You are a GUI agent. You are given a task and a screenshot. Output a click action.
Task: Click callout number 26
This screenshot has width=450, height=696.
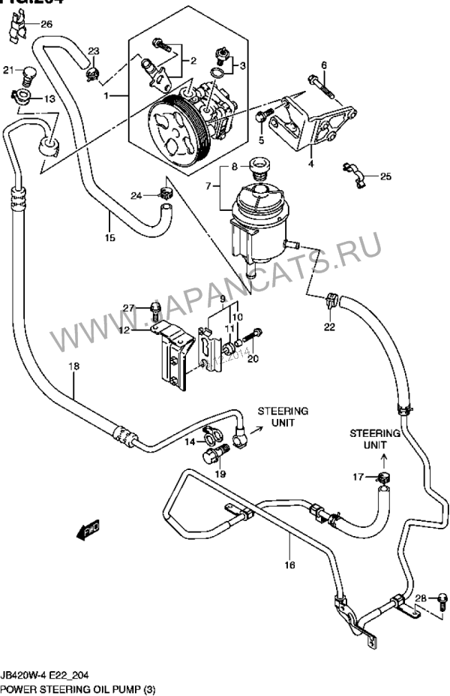point(46,25)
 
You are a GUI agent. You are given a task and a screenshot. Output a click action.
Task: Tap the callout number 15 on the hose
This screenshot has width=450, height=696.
point(109,239)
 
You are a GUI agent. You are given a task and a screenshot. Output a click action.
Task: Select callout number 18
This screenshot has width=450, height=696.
point(73,366)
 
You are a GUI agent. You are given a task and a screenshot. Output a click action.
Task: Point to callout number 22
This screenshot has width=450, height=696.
point(330,326)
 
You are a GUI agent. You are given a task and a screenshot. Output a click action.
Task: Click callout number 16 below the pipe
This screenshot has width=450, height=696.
point(290,565)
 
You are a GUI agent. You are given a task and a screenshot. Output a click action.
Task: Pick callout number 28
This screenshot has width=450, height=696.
point(421,598)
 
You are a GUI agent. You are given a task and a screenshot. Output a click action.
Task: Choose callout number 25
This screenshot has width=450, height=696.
point(385,177)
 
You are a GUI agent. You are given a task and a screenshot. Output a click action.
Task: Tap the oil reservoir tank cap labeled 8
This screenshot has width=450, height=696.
point(259,166)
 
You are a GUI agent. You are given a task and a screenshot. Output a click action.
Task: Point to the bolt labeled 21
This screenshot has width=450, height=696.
point(28,74)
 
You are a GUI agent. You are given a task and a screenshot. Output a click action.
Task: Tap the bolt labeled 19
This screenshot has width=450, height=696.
point(211,455)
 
